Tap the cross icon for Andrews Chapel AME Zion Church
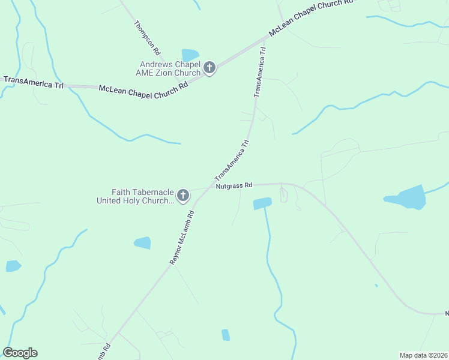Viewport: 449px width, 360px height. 209,68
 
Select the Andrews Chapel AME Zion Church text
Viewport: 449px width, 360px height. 169,68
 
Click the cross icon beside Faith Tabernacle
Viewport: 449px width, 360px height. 183,196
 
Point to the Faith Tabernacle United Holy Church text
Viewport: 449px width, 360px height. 135,196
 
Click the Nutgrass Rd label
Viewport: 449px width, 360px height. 234,187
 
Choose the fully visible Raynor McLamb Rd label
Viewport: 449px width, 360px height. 182,238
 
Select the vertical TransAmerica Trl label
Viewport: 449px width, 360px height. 259,73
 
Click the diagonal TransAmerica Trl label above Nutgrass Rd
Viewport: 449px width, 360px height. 232,160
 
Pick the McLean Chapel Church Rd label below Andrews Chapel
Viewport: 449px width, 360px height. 143,88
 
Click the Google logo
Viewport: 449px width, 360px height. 20,353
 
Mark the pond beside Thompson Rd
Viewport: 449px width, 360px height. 190,55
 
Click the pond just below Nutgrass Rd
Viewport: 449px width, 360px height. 262,203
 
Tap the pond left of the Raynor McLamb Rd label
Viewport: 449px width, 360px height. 142,242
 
